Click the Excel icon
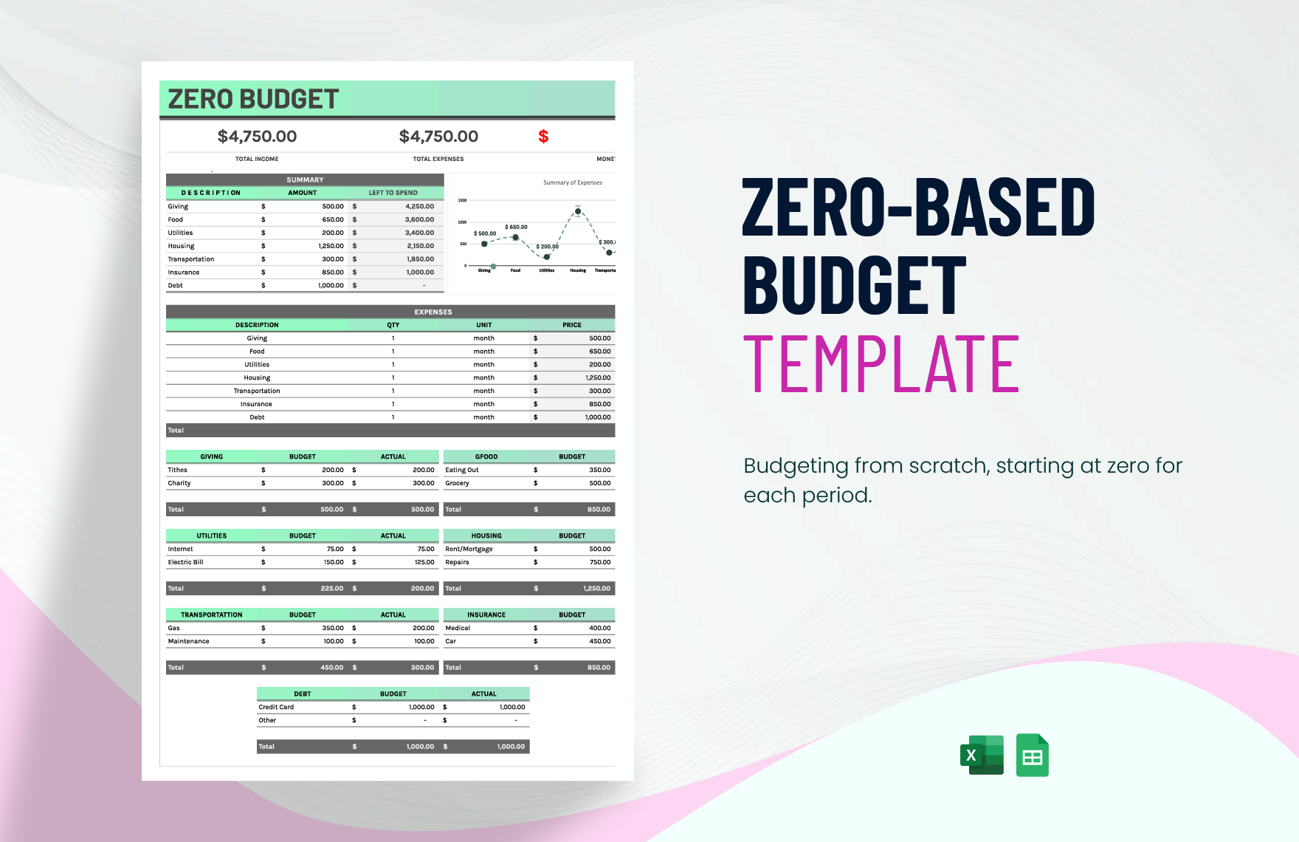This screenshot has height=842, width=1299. click(982, 755)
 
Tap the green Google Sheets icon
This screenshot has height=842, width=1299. click(1032, 755)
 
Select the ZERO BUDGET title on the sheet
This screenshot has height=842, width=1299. click(253, 99)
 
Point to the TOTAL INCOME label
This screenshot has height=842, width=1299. click(257, 159)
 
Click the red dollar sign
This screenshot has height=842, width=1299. click(543, 136)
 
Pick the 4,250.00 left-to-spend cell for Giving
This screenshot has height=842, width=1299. click(419, 207)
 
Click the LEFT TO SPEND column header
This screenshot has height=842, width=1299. click(393, 193)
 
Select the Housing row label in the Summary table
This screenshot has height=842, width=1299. click(181, 246)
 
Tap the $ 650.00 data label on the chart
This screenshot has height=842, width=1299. click(516, 227)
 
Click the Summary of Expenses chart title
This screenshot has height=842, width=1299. click(572, 182)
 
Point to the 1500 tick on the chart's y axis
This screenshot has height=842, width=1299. click(462, 200)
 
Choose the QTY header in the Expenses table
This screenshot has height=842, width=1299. click(393, 325)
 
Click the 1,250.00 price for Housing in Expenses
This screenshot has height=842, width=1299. click(598, 377)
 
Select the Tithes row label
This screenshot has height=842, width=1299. click(177, 470)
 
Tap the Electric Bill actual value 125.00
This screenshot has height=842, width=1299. click(424, 562)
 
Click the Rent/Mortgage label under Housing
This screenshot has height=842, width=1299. click(469, 549)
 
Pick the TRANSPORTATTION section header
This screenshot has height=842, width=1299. click(211, 615)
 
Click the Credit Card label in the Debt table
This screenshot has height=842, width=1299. click(276, 707)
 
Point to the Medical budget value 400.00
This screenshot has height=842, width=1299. click(599, 628)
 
